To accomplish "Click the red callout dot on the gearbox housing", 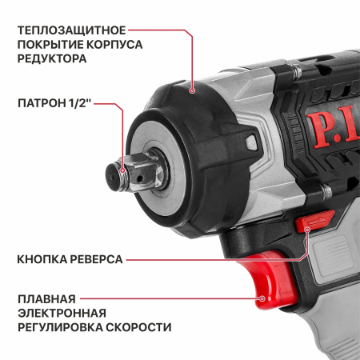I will (192, 93).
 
